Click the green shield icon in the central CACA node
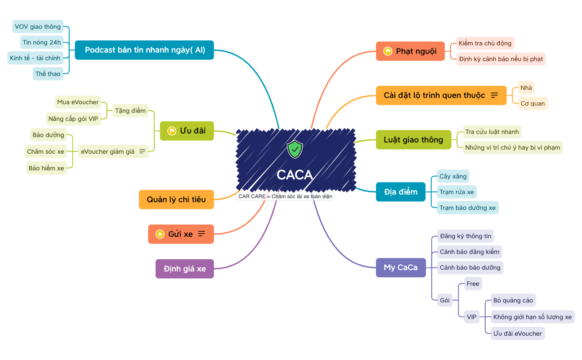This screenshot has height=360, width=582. tap(295, 149)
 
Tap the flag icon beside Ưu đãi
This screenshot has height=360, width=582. tap(172, 131)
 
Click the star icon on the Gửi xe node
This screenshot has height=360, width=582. tap(160, 234)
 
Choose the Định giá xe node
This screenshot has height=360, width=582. tap(185, 269)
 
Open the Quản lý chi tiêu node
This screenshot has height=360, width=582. tap(176, 200)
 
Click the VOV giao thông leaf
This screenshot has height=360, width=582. tap(38, 27)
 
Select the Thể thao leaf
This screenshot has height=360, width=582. tap(48, 74)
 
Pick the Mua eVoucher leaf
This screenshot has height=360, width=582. tap(78, 102)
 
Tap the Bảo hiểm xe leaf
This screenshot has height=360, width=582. tap(46, 168)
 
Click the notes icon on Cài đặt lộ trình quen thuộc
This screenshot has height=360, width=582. tap(494, 95)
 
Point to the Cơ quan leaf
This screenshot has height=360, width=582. tap(533, 103)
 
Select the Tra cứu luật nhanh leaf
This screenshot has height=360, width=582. tap(492, 132)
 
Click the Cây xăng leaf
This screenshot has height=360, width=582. tap(453, 176)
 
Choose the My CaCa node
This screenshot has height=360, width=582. tap(401, 267)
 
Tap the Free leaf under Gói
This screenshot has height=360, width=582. tap(473, 284)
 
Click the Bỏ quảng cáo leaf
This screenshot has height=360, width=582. tap(513, 300)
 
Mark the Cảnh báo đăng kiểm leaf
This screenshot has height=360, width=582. tap(470, 252)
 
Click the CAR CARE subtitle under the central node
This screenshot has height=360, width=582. tap(286, 196)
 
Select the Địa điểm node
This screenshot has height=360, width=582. tap(401, 192)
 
